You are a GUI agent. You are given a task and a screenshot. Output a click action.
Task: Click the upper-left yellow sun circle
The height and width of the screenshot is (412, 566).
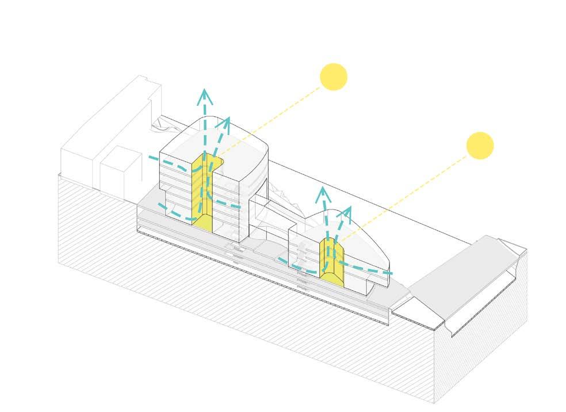tap(334, 77)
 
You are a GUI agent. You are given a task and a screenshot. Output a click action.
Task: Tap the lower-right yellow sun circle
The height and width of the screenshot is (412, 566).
tap(480, 146)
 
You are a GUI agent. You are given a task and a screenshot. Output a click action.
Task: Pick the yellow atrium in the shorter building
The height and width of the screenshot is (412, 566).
tap(332, 262)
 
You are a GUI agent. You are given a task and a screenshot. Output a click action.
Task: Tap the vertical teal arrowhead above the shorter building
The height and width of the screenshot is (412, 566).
tap(324, 193)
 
